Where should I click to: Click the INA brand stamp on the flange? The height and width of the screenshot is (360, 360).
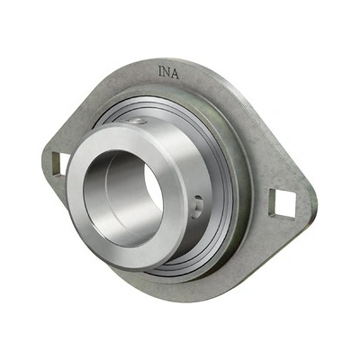pos(169,72)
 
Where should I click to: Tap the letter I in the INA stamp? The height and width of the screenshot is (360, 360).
pos(160,70)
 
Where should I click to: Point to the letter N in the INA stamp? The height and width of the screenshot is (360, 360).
pos(167,72)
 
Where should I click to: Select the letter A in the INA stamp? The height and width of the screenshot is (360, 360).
pos(175,74)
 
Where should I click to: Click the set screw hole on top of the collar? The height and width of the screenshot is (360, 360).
pos(136,121)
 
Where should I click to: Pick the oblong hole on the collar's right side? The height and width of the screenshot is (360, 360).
pos(198,206)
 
